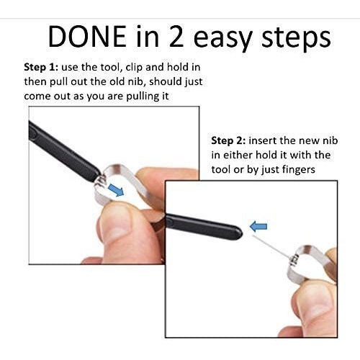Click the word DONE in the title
87,36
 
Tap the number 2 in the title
176,36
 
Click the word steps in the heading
296,39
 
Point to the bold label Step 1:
41,68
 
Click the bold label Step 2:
228,141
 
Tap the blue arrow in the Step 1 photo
116,190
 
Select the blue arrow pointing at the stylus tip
258,227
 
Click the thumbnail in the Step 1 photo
114,224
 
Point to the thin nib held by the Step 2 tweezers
271,248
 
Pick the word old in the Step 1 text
117,82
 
